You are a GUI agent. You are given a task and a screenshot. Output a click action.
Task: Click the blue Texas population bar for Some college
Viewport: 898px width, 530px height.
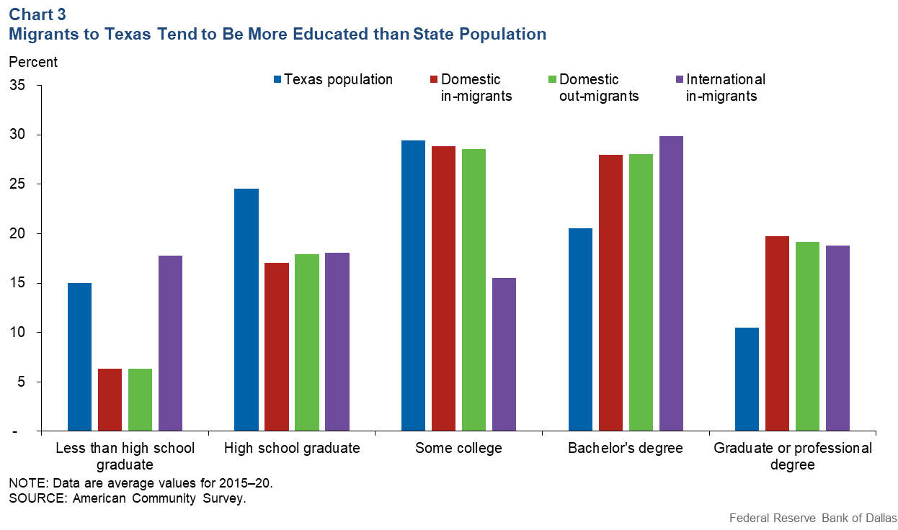413,286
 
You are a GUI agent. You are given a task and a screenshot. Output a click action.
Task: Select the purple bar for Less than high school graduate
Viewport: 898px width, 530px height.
170,343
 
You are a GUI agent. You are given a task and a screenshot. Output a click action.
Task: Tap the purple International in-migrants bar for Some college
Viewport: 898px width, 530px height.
504,354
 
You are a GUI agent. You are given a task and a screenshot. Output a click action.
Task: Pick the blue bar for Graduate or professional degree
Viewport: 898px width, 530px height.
747,379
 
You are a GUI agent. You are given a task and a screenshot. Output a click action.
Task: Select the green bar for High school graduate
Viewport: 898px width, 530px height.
306,343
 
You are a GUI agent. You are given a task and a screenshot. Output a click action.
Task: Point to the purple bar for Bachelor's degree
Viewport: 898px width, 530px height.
671,284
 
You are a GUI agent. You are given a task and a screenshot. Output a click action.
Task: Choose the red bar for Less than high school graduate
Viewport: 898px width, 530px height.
110,400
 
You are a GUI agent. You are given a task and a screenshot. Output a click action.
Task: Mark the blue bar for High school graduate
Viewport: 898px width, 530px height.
246,310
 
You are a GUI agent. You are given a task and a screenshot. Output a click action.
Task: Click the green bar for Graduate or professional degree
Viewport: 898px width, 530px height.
807,336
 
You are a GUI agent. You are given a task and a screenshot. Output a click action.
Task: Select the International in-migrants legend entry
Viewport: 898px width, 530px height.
725,87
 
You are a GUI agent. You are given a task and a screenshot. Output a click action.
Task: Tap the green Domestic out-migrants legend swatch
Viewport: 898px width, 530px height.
553,79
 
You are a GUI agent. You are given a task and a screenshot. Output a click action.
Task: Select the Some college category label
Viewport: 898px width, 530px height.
458,449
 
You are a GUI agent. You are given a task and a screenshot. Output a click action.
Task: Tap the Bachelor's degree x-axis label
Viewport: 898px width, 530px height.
625,449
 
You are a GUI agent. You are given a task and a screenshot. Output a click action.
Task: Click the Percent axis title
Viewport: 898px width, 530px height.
33,62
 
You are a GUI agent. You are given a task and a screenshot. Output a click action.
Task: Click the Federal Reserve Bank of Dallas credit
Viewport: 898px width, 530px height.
813,518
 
